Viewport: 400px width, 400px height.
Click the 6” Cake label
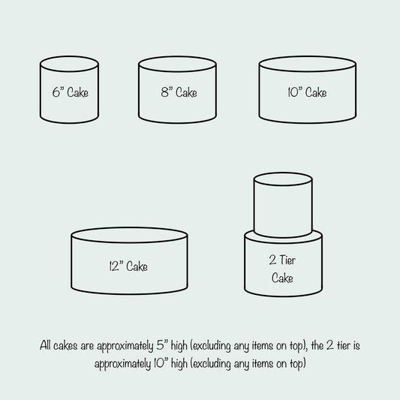(71, 92)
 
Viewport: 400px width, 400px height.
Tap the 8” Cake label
(179, 92)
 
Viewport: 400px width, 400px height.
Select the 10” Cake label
(307, 92)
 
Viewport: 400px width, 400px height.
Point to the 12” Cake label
(128, 266)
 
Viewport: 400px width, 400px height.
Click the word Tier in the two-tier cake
(287, 260)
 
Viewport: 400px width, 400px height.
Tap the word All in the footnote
(45, 346)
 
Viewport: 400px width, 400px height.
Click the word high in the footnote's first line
(179, 346)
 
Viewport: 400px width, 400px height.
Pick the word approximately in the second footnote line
(123, 364)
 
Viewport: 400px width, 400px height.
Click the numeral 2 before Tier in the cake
(272, 260)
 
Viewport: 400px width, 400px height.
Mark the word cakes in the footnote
(65, 346)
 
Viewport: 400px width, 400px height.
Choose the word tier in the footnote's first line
(344, 346)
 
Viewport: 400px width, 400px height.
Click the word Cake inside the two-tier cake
(282, 278)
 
